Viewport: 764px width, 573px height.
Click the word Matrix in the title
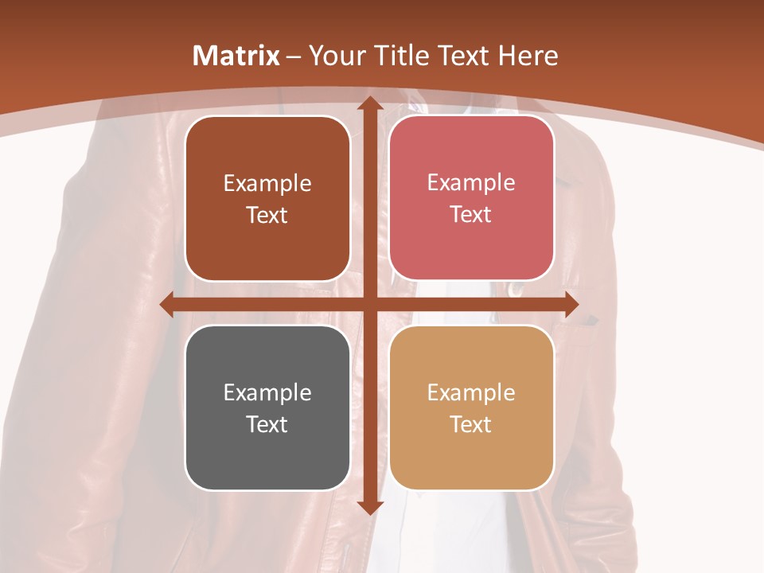236,56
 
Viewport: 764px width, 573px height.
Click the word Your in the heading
334,56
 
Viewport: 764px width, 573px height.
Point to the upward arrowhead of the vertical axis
369,104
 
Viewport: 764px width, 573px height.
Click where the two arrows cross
369,304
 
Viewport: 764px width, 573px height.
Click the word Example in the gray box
267,392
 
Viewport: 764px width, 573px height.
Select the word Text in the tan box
471,424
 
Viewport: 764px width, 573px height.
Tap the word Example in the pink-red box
471,183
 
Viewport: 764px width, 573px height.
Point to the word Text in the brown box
267,215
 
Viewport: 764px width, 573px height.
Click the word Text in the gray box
267,424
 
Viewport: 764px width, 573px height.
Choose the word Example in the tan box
471,392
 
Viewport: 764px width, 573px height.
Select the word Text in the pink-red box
471,215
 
